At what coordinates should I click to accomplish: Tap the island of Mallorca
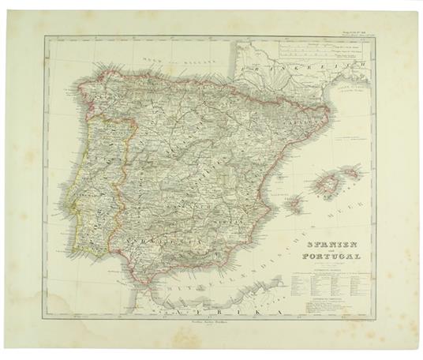click(331, 186)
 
